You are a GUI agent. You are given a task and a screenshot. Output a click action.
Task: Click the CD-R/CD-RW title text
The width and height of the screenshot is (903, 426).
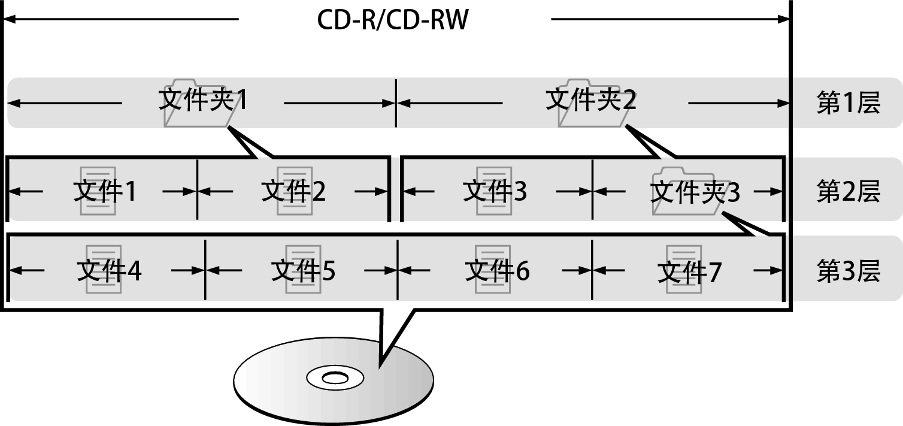[392, 20]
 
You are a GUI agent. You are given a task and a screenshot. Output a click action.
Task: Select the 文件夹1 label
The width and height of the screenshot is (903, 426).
[202, 100]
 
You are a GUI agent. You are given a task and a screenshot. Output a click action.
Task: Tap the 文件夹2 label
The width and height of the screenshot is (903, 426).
[590, 100]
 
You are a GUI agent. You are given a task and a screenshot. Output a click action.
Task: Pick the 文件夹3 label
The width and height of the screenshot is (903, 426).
[695, 192]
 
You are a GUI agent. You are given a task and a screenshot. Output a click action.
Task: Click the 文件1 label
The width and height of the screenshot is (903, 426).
[105, 192]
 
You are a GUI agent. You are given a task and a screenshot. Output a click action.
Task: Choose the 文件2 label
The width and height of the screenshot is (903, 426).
[293, 192]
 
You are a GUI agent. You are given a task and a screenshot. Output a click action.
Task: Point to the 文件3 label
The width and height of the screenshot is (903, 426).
[495, 192]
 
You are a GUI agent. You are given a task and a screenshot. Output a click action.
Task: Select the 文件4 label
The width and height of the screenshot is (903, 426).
[109, 271]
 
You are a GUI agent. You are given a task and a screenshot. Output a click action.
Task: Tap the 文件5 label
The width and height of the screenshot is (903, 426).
[303, 271]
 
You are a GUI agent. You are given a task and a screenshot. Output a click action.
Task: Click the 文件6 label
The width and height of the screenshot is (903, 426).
[497, 271]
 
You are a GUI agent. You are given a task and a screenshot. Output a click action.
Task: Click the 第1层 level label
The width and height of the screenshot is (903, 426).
[848, 104]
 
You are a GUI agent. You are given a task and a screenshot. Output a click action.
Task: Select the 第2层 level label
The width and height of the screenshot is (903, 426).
[848, 192]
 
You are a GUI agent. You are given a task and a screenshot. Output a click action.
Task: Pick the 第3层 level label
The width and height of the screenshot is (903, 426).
[848, 271]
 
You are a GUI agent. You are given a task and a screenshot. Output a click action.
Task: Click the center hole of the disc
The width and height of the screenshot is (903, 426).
[334, 378]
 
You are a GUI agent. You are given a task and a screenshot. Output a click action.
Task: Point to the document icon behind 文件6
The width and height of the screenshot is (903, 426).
[492, 270]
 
